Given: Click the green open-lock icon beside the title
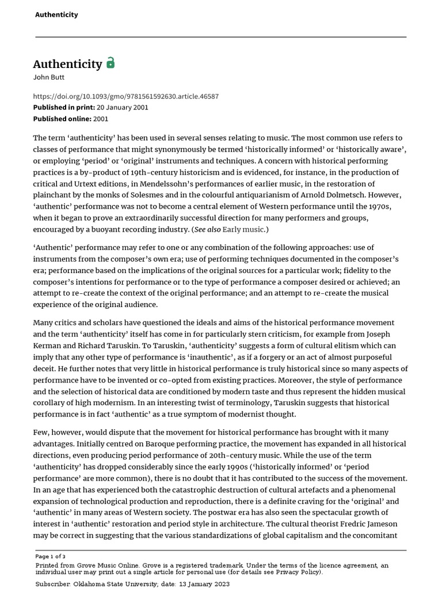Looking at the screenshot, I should click(x=110, y=63).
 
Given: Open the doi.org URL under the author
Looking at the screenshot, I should click(x=125, y=96).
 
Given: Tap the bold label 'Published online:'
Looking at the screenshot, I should click(x=62, y=119).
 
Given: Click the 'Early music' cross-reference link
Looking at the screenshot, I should click(x=243, y=229).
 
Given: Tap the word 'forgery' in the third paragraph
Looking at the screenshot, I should click(x=311, y=357).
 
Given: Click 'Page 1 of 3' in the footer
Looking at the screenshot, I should click(x=51, y=557).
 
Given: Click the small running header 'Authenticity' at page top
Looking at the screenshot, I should click(x=56, y=14).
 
